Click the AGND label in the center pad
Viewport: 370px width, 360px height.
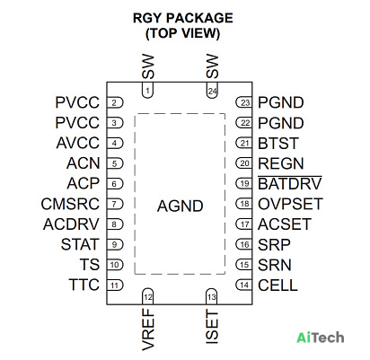pos(181,206)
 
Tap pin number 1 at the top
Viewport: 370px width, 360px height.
pos(147,90)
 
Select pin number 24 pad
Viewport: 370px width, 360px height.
pos(212,90)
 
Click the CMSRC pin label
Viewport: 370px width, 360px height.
pos(70,204)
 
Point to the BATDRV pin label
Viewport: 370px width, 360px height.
pos(290,183)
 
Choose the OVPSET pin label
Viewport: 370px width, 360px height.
pos(290,204)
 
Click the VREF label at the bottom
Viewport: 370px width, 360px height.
pos(148,329)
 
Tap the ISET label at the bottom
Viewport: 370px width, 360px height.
pos(212,327)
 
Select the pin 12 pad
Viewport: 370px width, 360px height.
pos(147,296)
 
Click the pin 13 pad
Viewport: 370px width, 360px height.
pos(212,296)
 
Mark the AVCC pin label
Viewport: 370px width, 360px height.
pos(78,143)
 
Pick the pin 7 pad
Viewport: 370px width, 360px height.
pos(115,204)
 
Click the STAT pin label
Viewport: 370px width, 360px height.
pos(80,244)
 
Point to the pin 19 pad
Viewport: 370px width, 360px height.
pos(244,183)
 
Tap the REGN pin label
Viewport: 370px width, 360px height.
pos(281,163)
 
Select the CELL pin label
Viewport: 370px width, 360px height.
pos(277,285)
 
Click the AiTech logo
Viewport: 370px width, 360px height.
pos(320,338)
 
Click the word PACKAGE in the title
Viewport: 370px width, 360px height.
pos(199,18)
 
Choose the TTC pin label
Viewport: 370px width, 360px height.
pos(84,285)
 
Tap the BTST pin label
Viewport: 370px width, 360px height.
pos(278,143)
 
